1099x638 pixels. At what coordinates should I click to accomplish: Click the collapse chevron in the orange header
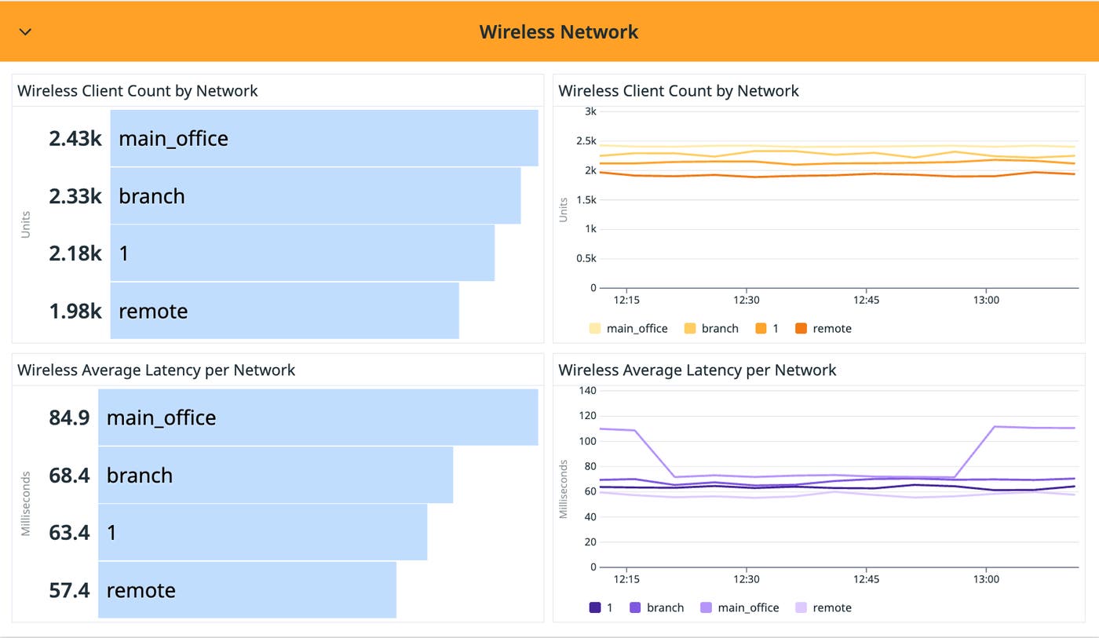[x=25, y=32]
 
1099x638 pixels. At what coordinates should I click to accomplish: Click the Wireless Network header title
[x=558, y=32]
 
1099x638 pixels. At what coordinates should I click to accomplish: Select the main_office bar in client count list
[x=323, y=138]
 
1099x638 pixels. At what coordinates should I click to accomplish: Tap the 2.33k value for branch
[x=75, y=196]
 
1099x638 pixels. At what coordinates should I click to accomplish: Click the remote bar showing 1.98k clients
[x=284, y=311]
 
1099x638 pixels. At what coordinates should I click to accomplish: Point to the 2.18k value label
[x=75, y=253]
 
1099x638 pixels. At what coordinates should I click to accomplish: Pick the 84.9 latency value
[x=69, y=417]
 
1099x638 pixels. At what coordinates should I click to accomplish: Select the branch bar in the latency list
[x=275, y=476]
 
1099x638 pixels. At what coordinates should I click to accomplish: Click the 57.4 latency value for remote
[x=69, y=590]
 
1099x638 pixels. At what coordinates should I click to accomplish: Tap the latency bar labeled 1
[x=262, y=533]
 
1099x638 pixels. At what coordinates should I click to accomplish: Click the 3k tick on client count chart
[x=590, y=111]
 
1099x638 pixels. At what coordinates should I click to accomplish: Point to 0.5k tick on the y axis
[x=585, y=258]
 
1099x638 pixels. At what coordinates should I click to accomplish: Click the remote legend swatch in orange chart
[x=801, y=329]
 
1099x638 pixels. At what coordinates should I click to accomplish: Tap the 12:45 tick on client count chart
[x=866, y=300]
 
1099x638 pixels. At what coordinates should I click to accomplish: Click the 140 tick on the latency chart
[x=587, y=391]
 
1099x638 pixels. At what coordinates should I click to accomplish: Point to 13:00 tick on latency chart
[x=986, y=579]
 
